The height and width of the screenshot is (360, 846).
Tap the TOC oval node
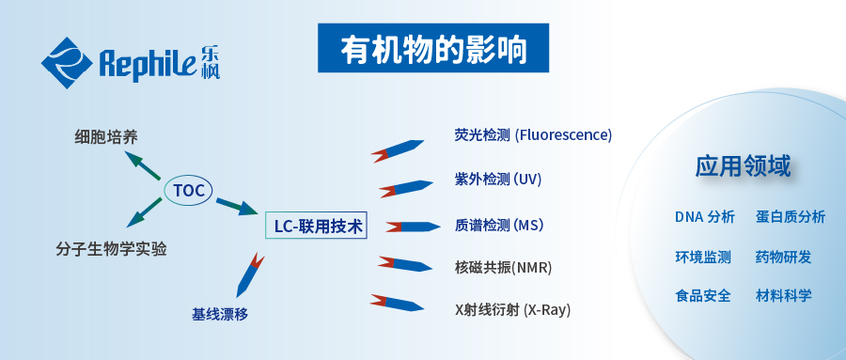189,190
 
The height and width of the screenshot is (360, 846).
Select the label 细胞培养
113,137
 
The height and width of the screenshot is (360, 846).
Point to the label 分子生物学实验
111,249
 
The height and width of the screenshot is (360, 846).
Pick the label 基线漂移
220,314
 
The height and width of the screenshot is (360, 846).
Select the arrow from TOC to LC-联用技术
236,205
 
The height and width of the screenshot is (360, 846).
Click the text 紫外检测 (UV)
497,179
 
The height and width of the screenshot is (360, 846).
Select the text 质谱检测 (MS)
499,226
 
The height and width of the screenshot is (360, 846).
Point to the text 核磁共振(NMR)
503,267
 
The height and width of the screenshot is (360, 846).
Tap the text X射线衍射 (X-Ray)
512,309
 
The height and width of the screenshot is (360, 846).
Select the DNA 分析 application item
704,217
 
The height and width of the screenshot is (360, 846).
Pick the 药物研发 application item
783,257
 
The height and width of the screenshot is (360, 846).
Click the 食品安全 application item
703,295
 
